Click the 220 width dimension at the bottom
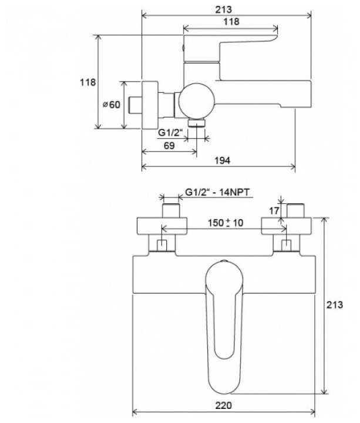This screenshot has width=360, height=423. point(224,405)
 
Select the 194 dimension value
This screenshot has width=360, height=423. point(223,160)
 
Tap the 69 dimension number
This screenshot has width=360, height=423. point(169,146)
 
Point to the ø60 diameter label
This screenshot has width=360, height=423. point(112,105)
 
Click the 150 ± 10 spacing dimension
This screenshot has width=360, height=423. point(226,223)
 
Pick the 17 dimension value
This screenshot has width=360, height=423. point(274,211)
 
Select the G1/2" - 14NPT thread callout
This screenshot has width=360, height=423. point(217,192)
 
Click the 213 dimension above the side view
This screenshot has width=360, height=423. point(224,10)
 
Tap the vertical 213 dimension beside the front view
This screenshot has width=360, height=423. point(335,305)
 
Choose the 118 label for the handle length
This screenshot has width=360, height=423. point(231,22)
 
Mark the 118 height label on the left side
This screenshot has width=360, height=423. point(88,82)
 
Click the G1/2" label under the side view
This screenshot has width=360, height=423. point(170,133)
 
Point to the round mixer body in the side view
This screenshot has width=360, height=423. point(197,101)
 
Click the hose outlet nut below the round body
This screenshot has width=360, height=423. point(197,123)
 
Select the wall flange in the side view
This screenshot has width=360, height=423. point(150,105)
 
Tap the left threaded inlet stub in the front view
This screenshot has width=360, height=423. point(171,211)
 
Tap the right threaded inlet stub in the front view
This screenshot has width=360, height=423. point(295,211)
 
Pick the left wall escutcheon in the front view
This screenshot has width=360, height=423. point(162,226)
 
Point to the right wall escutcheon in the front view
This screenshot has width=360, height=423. point(286,226)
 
